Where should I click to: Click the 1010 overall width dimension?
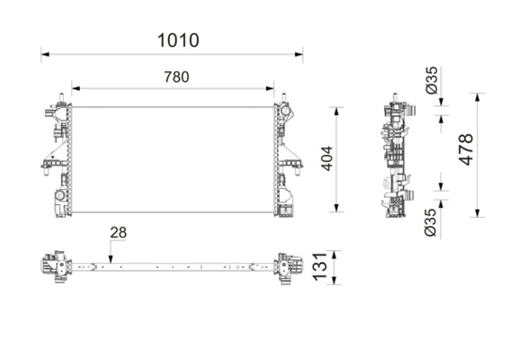pyautogui.click(x=178, y=40)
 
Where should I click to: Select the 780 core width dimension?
pyautogui.click(x=176, y=77)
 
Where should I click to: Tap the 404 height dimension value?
pyautogui.click(x=327, y=158)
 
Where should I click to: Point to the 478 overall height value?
pyautogui.click(x=466, y=149)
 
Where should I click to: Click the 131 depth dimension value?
pyautogui.click(x=319, y=266)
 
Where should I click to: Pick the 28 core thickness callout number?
pyautogui.click(x=118, y=233)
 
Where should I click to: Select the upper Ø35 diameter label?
pyautogui.click(x=432, y=80)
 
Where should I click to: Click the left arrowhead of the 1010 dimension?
pyautogui.click(x=45, y=54)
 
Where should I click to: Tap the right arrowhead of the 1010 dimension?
pyautogui.click(x=299, y=54)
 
